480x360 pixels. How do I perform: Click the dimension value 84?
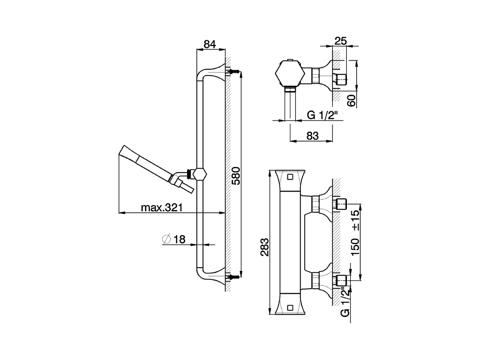point(210,44)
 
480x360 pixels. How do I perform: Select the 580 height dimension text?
point(236,175)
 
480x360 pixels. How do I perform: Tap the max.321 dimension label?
point(161,207)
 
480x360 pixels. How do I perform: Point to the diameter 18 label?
point(174,239)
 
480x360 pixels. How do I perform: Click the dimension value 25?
point(340,40)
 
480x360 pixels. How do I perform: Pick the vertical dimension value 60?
point(351,100)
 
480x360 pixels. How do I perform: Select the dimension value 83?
point(312,136)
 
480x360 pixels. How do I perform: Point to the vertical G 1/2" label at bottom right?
point(345,301)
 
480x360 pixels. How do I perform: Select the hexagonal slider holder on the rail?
point(199,174)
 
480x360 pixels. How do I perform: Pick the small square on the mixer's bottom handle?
point(289,308)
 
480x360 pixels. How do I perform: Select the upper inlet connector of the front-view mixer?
point(341,204)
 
